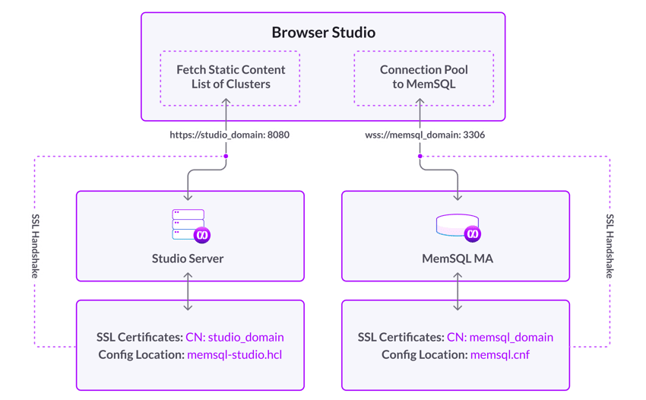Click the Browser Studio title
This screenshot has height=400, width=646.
click(324, 33)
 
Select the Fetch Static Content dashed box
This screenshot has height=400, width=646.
click(230, 78)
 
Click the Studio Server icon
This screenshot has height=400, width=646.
click(188, 225)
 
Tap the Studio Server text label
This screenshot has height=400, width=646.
click(188, 259)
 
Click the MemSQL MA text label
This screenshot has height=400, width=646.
click(457, 259)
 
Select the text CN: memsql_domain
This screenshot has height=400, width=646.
click(500, 337)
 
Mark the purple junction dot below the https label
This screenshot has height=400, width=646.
click(226, 156)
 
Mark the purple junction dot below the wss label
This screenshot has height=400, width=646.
click(420, 156)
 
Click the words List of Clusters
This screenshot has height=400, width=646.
click(231, 84)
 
